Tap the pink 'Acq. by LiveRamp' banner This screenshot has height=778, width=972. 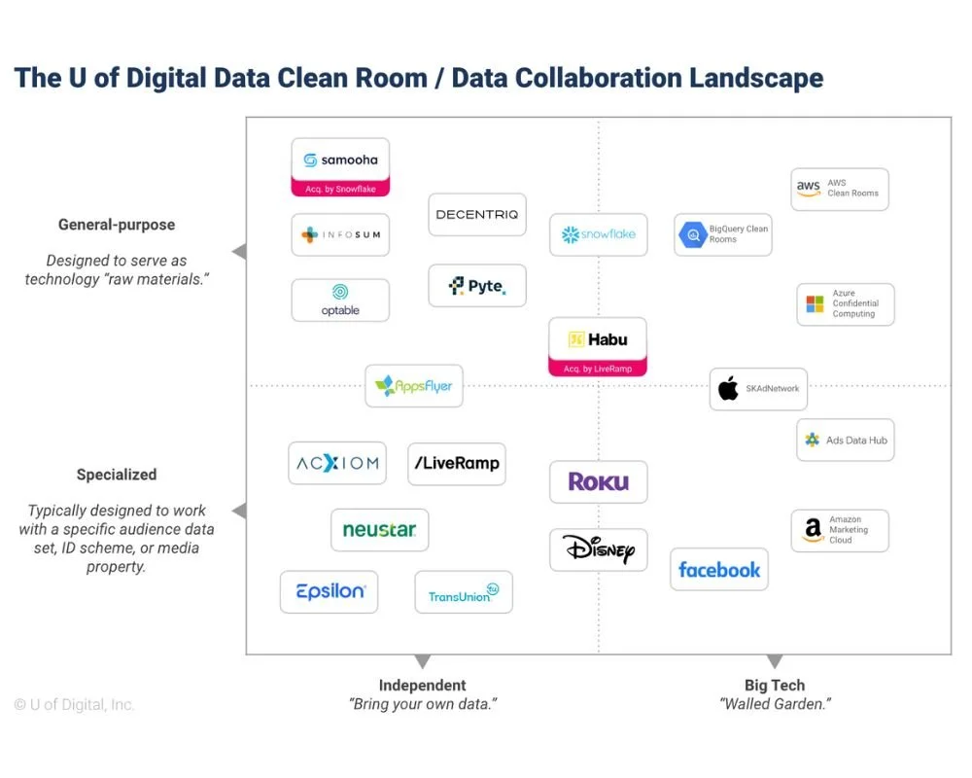598,369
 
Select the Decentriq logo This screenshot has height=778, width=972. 477,215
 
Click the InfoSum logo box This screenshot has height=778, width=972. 340,235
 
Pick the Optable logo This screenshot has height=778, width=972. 340,300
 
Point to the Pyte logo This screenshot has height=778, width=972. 477,286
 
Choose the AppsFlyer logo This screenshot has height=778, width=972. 414,386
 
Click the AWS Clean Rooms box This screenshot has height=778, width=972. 840,189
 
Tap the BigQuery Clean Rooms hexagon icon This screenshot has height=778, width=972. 693,234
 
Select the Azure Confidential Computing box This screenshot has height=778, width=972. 845,303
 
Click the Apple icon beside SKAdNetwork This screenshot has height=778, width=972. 728,390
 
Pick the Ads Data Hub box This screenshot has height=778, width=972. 845,441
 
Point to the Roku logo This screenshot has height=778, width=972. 598,481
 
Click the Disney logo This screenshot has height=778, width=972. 598,550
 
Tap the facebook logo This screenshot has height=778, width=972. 719,570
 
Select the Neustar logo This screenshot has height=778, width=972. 379,530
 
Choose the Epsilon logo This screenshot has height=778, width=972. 329,592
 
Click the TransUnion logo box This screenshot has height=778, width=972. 464,592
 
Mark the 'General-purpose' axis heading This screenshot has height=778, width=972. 117,225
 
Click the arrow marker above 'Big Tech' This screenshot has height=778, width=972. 775,662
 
